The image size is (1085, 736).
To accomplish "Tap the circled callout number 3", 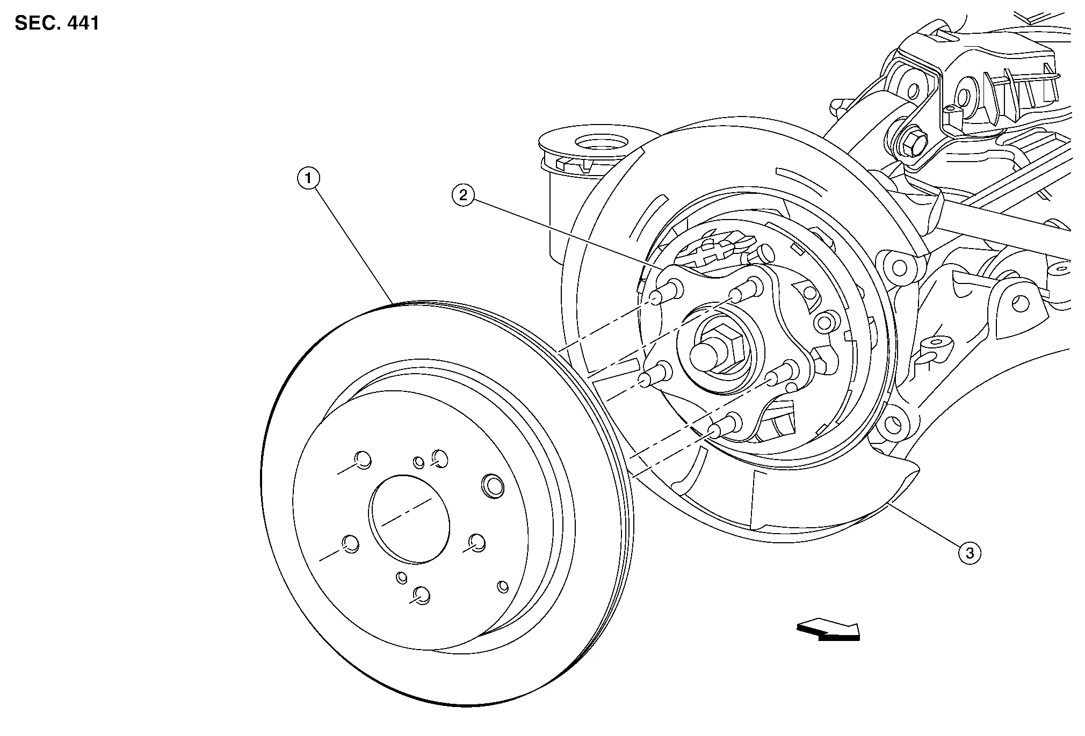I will point(970,552).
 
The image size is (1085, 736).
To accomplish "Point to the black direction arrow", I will point(828,630).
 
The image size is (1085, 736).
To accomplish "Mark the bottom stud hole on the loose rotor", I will point(422,594).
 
